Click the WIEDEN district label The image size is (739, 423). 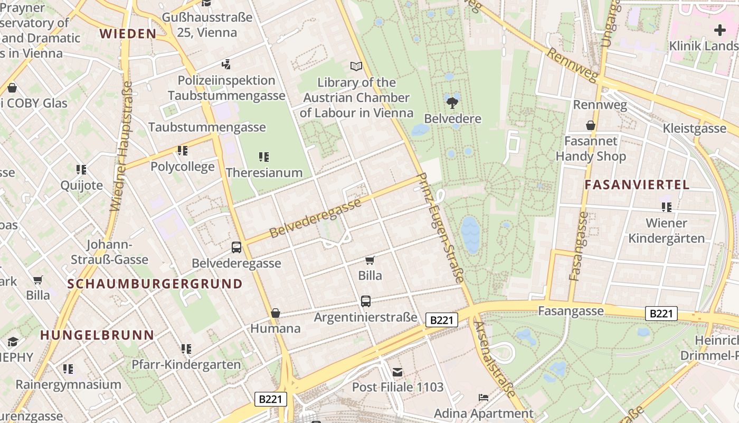click(x=128, y=34)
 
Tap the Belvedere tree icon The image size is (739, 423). click(x=452, y=102)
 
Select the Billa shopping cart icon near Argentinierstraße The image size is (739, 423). click(x=370, y=260)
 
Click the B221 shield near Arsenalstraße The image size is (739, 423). click(x=441, y=320)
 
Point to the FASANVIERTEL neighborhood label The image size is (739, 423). click(x=637, y=185)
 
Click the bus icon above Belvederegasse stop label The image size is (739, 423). click(x=236, y=247)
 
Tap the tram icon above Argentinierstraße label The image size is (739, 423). click(x=365, y=301)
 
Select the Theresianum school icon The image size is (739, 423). click(x=264, y=157)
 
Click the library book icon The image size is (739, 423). click(x=356, y=67)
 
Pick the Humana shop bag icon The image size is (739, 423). click(x=275, y=313)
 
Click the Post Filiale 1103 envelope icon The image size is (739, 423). click(x=397, y=372)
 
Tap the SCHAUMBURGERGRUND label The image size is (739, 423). click(x=155, y=284)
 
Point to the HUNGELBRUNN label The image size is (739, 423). click(x=97, y=335)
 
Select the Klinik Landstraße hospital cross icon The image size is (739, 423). click(x=719, y=30)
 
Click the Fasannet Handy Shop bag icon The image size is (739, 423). click(x=590, y=125)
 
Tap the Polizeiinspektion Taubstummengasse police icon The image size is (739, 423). click(x=226, y=65)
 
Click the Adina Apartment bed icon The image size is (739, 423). click(x=484, y=398)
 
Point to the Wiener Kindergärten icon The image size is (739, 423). click(x=666, y=207)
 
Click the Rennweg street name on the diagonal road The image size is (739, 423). click(x=573, y=66)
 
